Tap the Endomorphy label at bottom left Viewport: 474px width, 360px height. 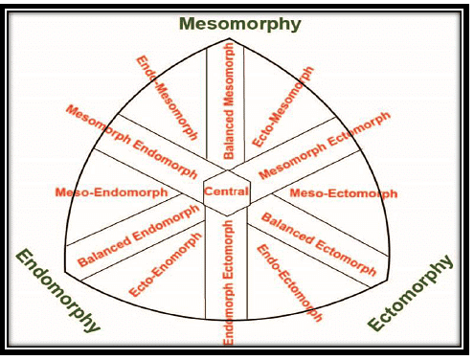click(58, 289)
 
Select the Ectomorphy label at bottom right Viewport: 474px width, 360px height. click(410, 293)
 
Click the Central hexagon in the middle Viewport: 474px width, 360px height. click(227, 191)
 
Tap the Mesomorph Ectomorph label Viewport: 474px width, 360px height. click(325, 146)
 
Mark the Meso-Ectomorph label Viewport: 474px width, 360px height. click(343, 193)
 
